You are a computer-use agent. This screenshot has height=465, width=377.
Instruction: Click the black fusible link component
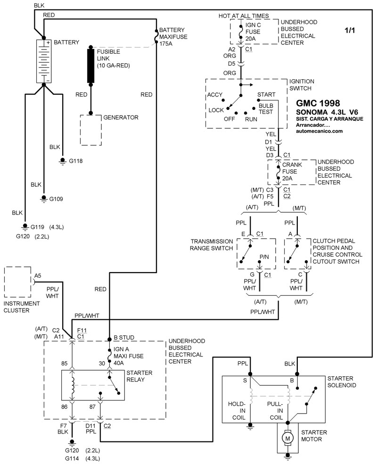coord(91,66)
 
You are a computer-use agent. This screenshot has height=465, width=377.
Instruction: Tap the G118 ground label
coord(75,161)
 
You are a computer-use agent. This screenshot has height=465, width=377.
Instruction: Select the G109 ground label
coord(57,199)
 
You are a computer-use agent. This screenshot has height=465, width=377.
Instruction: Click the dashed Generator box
coord(91,130)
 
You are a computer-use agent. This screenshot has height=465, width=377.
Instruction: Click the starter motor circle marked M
coord(287,439)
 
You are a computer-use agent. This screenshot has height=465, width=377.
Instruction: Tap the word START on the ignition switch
coord(266,95)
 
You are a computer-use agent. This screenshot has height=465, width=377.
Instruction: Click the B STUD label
coord(124,338)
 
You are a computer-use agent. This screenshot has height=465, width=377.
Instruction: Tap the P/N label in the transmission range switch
coord(264,257)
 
